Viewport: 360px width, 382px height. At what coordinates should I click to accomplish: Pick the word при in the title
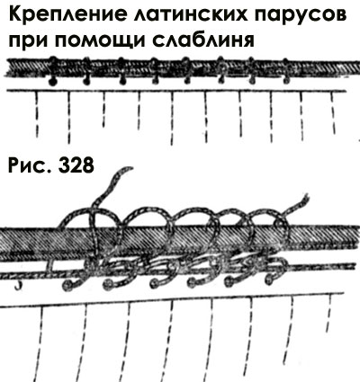(29, 42)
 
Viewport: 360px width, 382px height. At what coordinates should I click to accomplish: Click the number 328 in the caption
(76, 165)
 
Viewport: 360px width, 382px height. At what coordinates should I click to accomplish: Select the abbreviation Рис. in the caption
(30, 165)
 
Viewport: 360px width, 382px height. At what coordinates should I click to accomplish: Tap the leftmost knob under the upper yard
(52, 83)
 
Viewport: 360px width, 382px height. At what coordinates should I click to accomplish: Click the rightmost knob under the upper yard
(286, 81)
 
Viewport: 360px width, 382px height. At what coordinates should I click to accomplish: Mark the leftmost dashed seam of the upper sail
(37, 114)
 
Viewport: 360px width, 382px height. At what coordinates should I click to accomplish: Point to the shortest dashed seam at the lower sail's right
(328, 314)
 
